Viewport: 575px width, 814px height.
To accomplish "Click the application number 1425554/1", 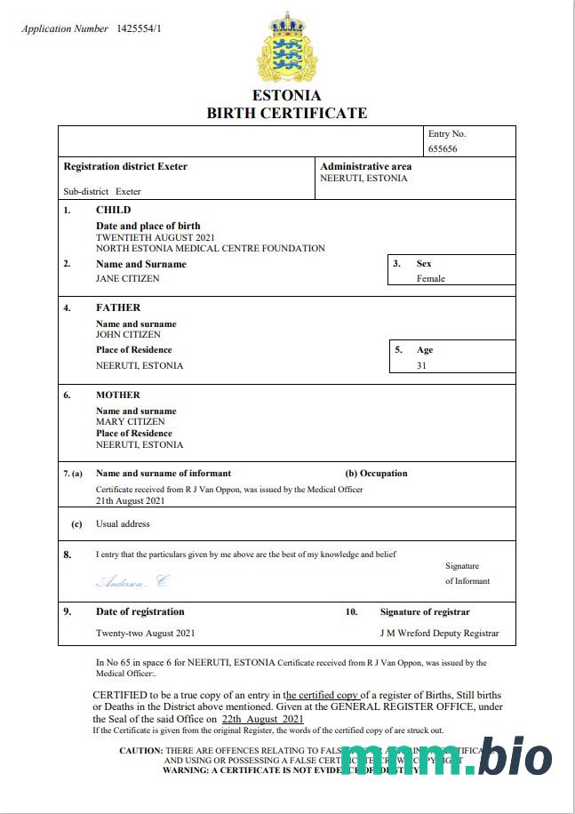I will click(x=139, y=29).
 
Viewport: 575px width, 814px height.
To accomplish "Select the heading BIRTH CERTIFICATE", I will click(x=286, y=113).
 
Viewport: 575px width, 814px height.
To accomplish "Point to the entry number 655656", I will click(x=443, y=148).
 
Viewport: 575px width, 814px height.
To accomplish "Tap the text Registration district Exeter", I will click(x=125, y=166).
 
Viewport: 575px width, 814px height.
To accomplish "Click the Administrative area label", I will click(x=365, y=166).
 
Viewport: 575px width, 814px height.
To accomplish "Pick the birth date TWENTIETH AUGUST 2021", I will click(x=156, y=237).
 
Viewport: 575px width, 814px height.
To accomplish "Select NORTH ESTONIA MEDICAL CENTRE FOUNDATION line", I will click(x=210, y=249).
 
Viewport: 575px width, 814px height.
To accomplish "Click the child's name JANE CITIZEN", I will click(x=128, y=278).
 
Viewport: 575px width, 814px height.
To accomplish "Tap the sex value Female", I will click(x=431, y=278).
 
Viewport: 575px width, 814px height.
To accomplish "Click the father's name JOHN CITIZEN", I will click(x=128, y=335).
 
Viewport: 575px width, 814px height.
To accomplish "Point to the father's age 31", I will click(x=421, y=365).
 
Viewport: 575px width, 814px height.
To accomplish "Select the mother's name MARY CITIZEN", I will click(x=130, y=422).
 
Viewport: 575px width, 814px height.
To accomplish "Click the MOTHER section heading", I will click(x=118, y=395).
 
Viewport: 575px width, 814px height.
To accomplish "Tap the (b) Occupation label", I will click(x=376, y=474).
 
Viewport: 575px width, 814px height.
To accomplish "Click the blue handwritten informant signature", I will click(x=132, y=582).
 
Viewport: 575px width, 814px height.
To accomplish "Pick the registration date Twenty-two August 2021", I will click(x=145, y=634).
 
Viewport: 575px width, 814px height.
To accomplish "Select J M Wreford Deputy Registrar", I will click(x=439, y=634).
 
